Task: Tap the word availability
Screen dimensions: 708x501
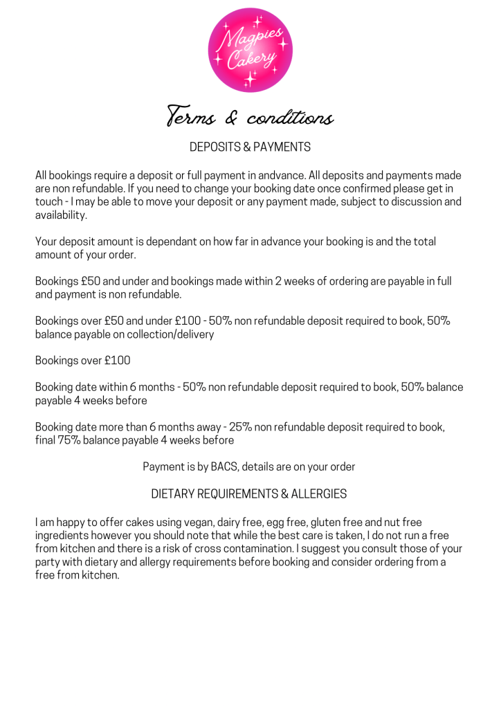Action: click(62, 215)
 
